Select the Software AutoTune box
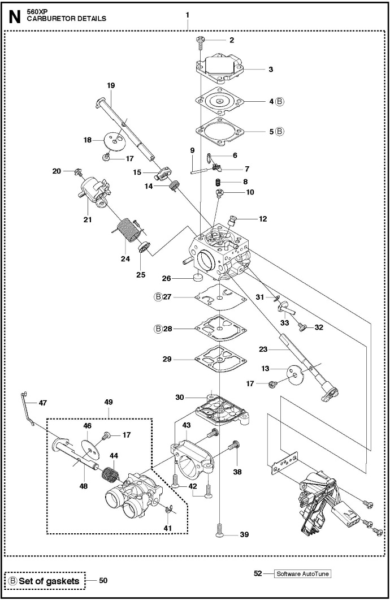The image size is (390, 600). (x=302, y=573)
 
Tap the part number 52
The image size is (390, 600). (x=258, y=573)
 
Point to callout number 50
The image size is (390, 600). (x=103, y=580)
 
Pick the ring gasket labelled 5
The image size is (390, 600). (x=220, y=131)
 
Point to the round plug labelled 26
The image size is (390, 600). (x=198, y=277)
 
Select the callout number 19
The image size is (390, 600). (x=111, y=85)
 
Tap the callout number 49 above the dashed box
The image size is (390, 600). (x=109, y=402)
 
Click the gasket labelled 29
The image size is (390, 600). (x=220, y=359)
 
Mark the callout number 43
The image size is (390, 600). (x=186, y=425)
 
